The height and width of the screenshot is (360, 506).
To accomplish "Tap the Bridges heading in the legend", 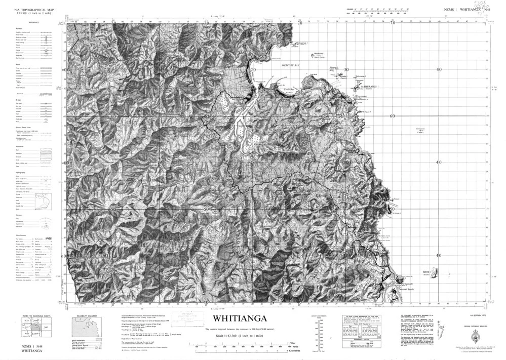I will (x=18, y=100).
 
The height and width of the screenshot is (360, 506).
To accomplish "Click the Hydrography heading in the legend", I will (x=20, y=173).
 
